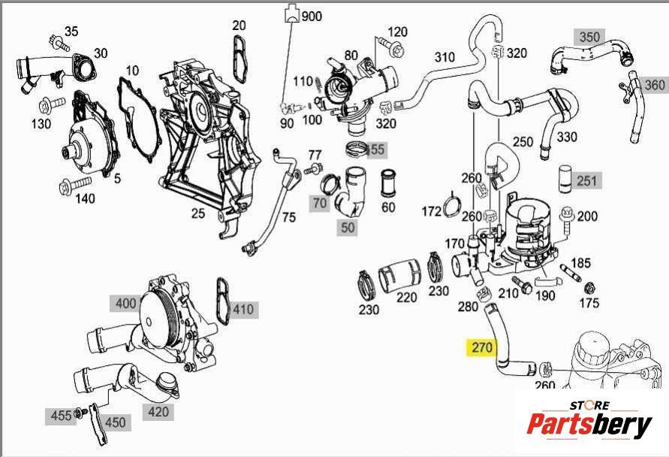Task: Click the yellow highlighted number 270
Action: (481, 348)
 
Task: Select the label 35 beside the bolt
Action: (71, 31)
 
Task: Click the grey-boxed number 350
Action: (589, 37)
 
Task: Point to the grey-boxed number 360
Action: (654, 84)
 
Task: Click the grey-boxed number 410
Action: (243, 309)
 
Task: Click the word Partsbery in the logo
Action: (589, 425)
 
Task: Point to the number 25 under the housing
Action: (197, 213)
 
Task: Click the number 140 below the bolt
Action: (85, 198)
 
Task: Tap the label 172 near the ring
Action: (431, 212)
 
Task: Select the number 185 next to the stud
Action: (581, 263)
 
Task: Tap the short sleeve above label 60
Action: (388, 183)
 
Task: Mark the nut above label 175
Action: (589, 287)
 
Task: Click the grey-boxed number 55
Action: (376, 150)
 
